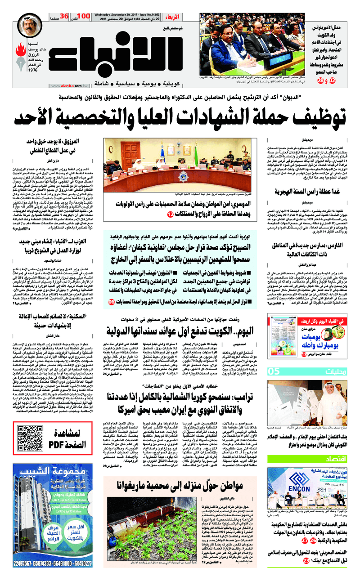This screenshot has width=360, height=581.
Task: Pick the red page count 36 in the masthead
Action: [x=64, y=17]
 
